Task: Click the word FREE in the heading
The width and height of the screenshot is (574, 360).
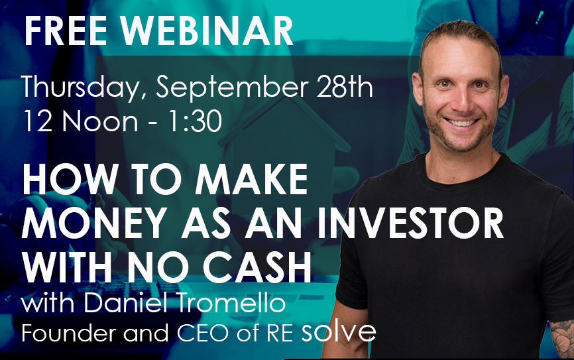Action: pyautogui.click(x=66, y=30)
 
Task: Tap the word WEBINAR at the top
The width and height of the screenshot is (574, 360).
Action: pyautogui.click(x=206, y=30)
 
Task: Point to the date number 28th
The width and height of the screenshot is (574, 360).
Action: pyautogui.click(x=345, y=86)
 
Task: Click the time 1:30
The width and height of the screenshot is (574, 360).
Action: pyautogui.click(x=194, y=121)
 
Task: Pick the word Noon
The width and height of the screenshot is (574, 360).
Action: pyautogui.click(x=100, y=121)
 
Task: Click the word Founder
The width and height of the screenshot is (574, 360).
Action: pyautogui.click(x=70, y=333)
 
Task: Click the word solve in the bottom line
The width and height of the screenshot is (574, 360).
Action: pyautogui.click(x=338, y=331)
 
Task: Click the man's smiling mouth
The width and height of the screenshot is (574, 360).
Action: pyautogui.click(x=461, y=122)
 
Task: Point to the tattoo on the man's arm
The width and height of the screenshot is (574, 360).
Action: pyautogui.click(x=562, y=339)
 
